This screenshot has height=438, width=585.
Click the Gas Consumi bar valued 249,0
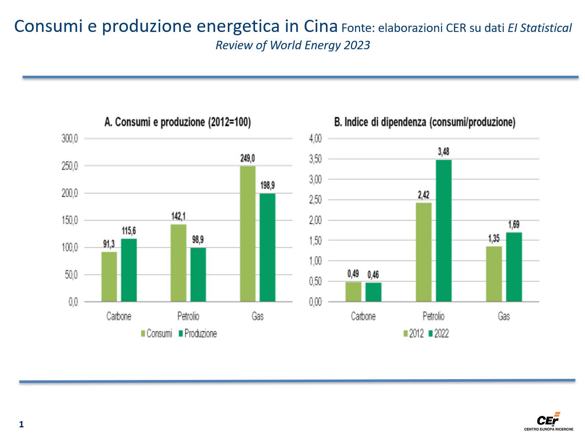click(x=248, y=234)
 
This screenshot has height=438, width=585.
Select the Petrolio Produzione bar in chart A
click(x=198, y=275)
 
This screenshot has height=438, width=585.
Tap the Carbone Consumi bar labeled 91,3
click(x=109, y=277)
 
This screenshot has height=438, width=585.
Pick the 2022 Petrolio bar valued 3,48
click(x=444, y=231)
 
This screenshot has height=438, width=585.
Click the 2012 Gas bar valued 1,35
click(x=494, y=274)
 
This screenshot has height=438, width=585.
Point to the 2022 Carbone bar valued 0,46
click(x=373, y=292)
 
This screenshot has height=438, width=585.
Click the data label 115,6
click(x=129, y=231)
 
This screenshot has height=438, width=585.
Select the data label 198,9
click(x=267, y=186)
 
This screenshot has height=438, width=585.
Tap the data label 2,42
click(x=423, y=195)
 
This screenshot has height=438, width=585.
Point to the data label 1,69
click(x=514, y=225)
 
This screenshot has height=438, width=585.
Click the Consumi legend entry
click(x=157, y=333)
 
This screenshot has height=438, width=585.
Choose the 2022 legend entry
click(x=439, y=333)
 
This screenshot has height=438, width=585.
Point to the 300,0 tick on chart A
click(x=70, y=139)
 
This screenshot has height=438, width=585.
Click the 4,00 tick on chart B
click(x=315, y=139)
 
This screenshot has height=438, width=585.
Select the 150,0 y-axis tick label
click(x=70, y=220)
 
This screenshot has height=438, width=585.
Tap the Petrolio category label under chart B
click(x=433, y=316)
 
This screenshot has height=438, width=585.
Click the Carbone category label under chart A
click(x=119, y=316)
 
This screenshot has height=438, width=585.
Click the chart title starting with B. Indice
click(x=424, y=122)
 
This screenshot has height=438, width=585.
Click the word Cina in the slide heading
click(x=321, y=26)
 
